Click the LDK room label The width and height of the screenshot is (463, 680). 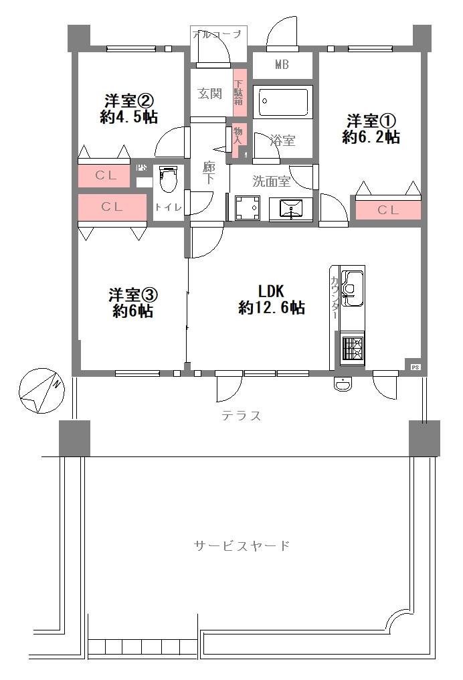pos(272,291)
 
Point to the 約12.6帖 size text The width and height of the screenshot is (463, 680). pos(272,309)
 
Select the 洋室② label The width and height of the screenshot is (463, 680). pos(130,101)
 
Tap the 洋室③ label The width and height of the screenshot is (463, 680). pos(133,294)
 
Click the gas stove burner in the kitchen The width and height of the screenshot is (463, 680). pos(352,348)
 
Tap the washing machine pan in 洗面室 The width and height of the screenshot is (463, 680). pos(247,207)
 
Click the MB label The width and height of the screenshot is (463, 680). pos(282,65)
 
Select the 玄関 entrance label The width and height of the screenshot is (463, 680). pos(209,94)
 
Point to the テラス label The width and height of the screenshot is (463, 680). pos(241,416)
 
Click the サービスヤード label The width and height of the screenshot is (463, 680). pos(242,545)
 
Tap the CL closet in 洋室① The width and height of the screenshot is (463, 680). pos(387,210)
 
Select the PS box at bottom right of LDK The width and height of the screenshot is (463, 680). pos(415,367)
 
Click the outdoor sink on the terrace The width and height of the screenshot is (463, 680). pos(342,384)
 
